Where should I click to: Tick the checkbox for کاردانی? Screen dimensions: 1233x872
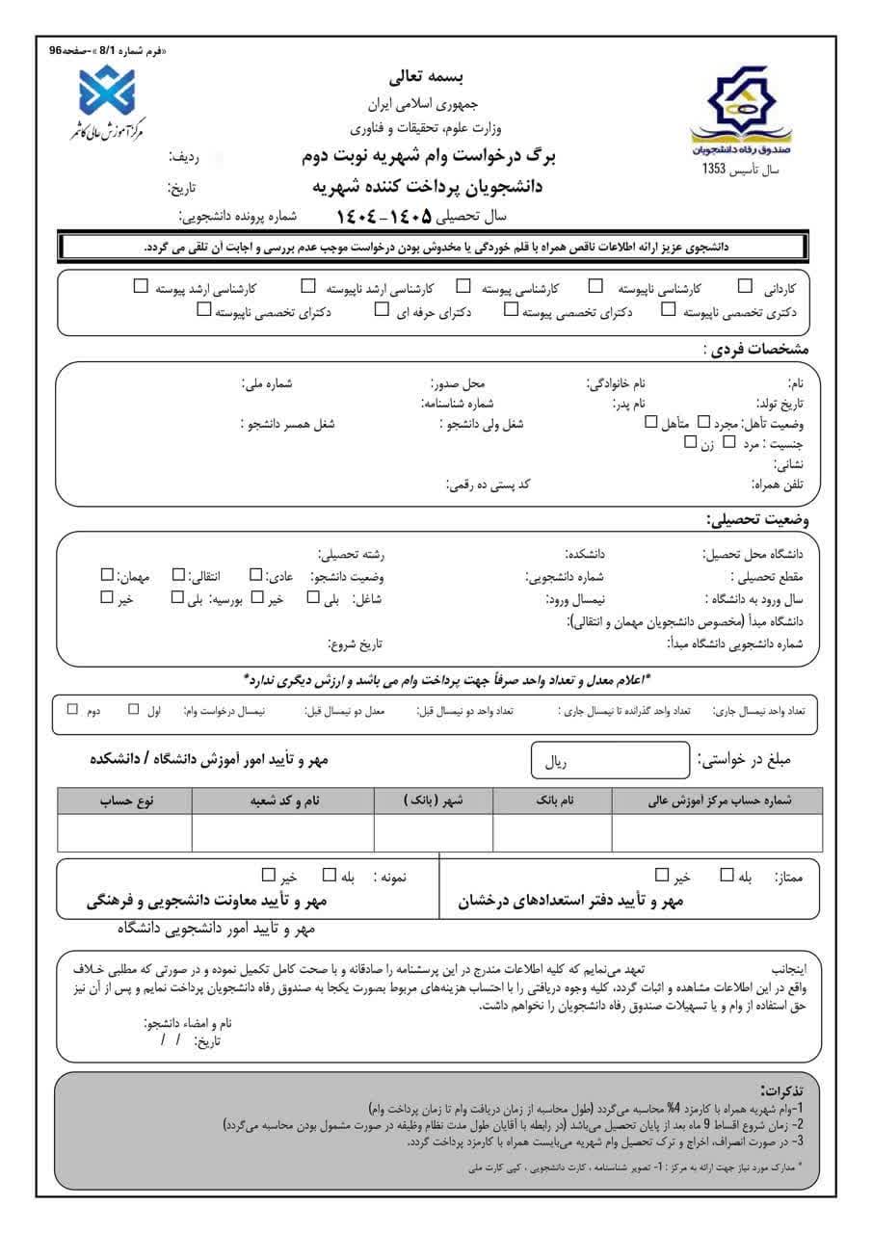coord(745,285)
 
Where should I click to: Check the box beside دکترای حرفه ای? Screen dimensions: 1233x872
coord(383,310)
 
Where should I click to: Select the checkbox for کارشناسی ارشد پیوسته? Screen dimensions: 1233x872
coord(142,285)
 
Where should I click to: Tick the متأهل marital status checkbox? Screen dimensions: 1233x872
coord(651,421)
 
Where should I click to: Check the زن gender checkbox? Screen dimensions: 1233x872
coord(690,442)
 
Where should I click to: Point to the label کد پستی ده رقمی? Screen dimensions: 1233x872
coord(489,485)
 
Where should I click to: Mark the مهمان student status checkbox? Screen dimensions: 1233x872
coord(107,575)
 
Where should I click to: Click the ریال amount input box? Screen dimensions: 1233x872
coord(611,760)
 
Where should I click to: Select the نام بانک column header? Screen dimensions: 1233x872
coord(553,800)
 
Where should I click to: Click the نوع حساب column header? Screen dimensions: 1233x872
coord(125,800)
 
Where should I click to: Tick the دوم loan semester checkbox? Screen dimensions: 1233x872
coord(72,710)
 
